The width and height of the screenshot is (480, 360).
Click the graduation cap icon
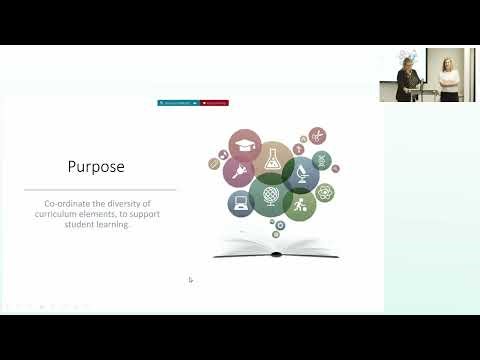244,145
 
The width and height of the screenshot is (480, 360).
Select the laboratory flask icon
273,161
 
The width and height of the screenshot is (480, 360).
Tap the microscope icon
301,176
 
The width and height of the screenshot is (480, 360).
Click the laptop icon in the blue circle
240,204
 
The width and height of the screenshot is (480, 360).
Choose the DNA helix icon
321,160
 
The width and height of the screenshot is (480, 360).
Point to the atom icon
325,191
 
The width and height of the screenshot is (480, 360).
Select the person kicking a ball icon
299,205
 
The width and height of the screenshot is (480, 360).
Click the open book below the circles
276,247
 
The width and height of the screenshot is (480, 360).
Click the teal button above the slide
177,103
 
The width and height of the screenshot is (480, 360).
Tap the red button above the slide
214,103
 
